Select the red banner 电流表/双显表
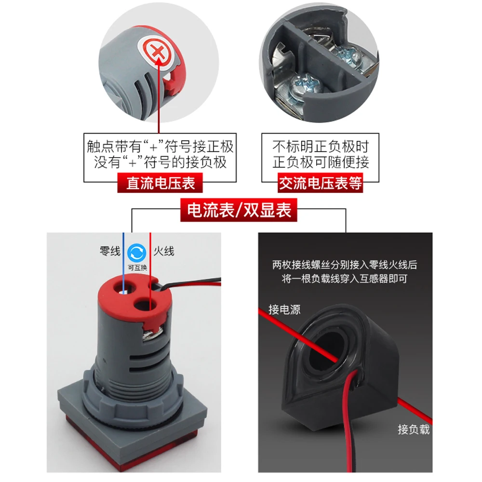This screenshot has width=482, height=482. coord(239,211)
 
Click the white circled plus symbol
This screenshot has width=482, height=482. coord(155,51)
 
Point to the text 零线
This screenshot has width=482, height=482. coord(110,251)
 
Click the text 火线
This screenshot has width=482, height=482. coord(164,251)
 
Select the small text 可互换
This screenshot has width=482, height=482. coord(137,267)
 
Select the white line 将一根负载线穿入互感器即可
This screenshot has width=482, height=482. coord(344,279)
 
